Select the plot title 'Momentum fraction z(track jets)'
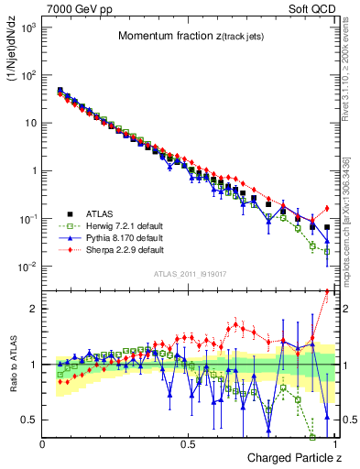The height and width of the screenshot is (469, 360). tap(189, 36)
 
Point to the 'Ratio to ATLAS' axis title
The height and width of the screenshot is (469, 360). tap(14, 365)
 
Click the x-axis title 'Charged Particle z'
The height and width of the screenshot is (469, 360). tap(288, 457)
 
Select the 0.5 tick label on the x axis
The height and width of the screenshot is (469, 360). tap(188, 443)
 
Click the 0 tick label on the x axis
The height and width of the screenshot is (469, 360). tap(43, 443)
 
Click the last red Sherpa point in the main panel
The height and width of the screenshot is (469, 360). tap(327, 208)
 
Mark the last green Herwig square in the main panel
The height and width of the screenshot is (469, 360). tap(327, 251)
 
